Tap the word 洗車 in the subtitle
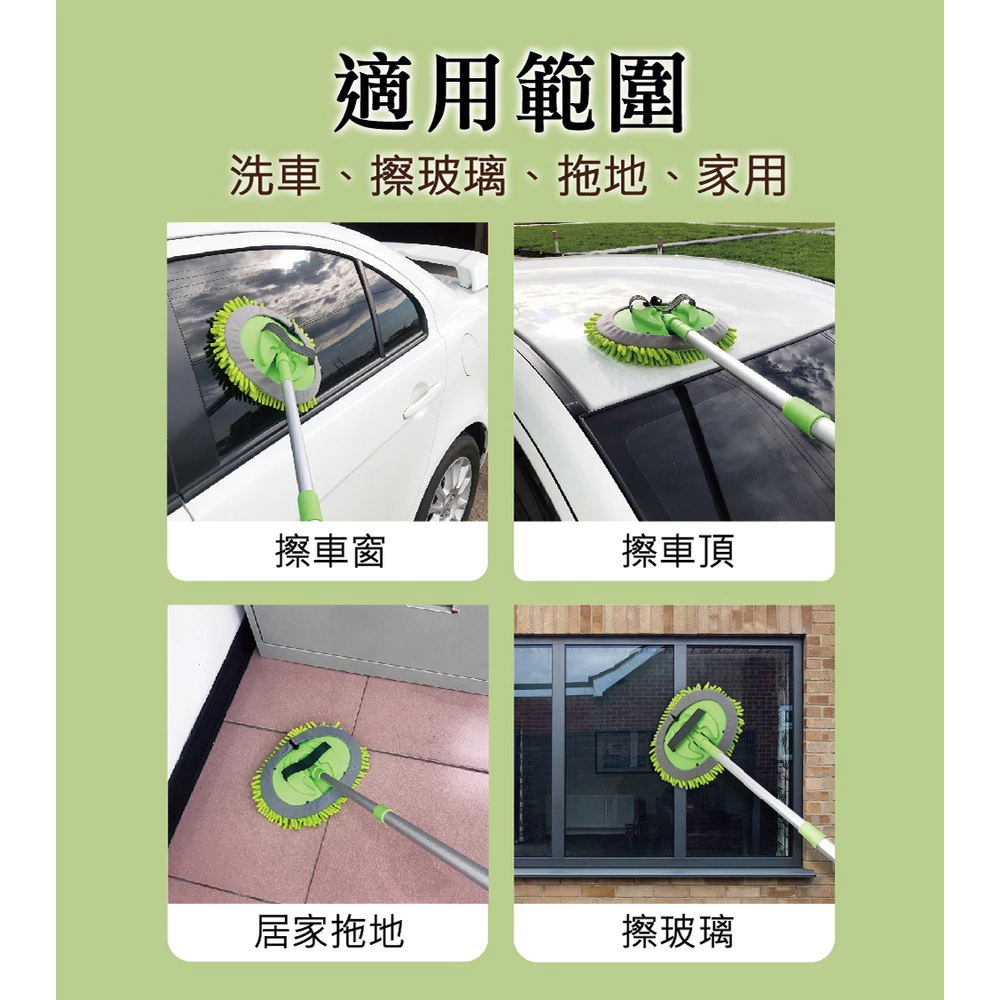pos(276,175)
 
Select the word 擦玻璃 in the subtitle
pos(439,175)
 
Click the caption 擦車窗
pos(329,551)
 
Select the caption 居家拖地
pos(329,932)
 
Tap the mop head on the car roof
pos(660,330)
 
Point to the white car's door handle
pos(420,401)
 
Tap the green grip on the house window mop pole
pos(820,838)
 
